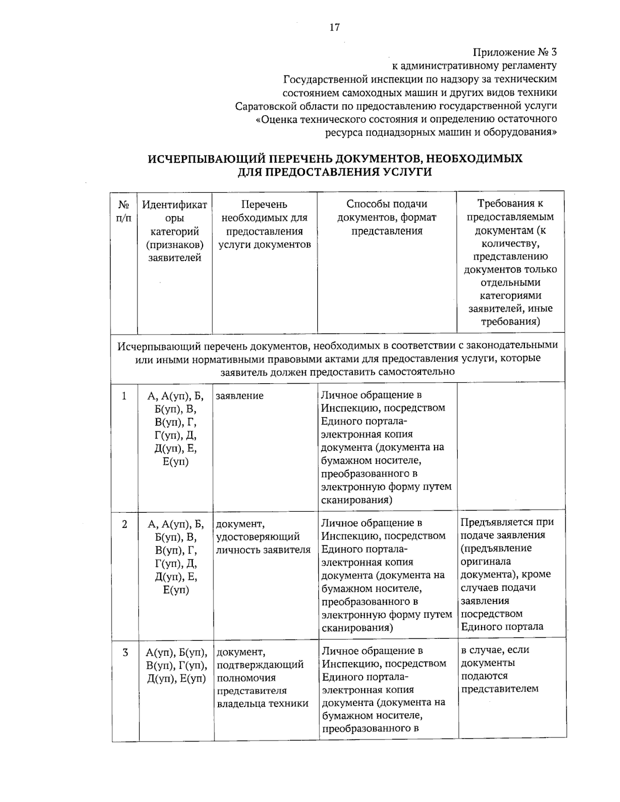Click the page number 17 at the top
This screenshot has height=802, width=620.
coord(334,27)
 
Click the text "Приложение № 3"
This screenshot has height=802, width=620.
coord(515,52)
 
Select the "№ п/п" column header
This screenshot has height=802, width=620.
coord(124,211)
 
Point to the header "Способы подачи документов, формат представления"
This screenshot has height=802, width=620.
coord(386,217)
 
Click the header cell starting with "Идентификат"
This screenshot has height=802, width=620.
coord(175,231)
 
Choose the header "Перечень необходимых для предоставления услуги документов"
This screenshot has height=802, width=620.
coord(265,224)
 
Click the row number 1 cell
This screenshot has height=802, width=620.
coord(124,396)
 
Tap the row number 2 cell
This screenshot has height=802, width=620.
coord(125,524)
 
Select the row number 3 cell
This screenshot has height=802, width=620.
coord(125,652)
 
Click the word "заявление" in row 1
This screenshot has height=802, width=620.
coord(240,396)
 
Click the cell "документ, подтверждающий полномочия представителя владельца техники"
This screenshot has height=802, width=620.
coord(263,677)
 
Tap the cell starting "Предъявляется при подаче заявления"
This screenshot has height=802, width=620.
coord(506,574)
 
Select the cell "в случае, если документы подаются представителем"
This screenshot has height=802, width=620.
coord(500,669)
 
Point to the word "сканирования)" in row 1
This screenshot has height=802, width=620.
coord(356,500)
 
